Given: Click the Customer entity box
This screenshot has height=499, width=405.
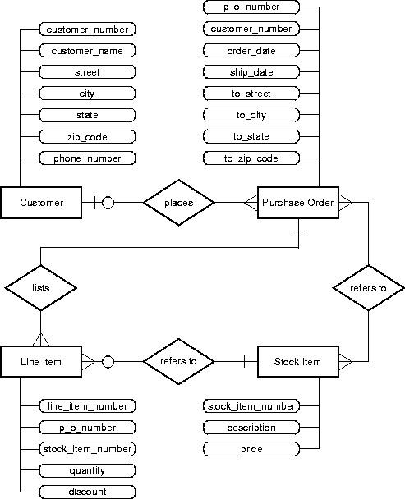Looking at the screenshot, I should (41, 203).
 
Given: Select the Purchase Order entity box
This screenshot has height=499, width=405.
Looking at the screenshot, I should (297, 203).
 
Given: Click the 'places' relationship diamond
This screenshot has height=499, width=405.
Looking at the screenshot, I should (179, 202).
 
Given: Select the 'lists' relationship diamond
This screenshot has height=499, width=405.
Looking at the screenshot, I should (40, 287).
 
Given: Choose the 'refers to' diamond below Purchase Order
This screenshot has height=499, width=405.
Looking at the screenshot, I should (369, 288).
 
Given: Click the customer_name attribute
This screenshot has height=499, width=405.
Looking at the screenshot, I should (87, 51).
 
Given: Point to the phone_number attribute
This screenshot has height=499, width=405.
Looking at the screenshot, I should (87, 158).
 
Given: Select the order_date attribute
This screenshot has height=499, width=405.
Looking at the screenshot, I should (251, 51).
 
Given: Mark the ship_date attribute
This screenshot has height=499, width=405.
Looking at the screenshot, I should (251, 72).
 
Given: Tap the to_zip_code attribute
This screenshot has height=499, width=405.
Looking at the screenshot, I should (251, 158).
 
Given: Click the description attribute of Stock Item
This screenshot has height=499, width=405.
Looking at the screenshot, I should (251, 428).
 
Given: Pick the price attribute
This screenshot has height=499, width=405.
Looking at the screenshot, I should (251, 449).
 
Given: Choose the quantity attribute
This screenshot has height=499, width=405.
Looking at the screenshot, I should (87, 470).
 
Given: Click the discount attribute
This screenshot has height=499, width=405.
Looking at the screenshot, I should (87, 492).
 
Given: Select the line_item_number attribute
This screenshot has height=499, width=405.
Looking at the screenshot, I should (87, 406).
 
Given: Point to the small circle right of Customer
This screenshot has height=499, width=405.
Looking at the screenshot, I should (108, 203).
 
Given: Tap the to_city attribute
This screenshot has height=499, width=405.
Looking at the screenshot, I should (251, 115).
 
